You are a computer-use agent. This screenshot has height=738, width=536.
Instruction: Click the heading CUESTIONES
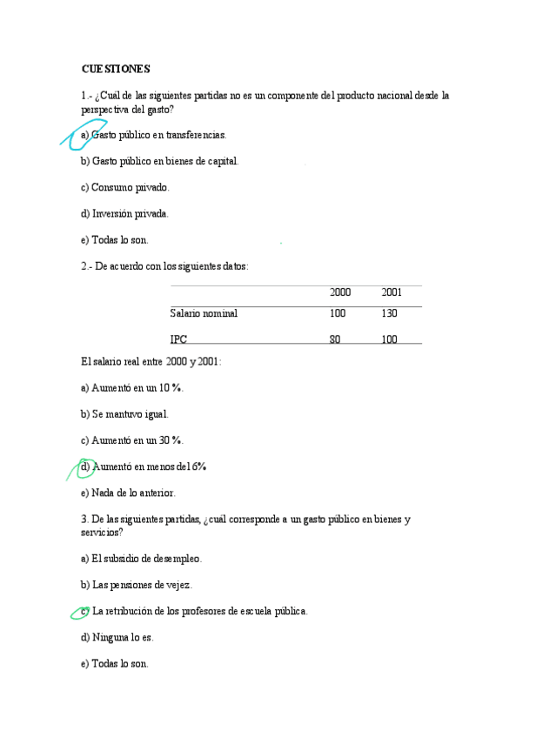116,69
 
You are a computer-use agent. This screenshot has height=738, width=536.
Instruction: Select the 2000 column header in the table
340,292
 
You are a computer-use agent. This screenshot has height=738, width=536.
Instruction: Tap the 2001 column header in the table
392,292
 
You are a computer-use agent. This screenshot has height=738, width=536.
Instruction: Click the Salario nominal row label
204,313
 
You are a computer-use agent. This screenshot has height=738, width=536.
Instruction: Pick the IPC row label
178,339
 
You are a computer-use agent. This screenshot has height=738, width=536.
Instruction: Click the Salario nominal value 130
389,313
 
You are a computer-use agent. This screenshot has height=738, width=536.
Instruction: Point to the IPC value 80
335,339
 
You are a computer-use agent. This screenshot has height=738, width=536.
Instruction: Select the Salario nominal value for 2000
338,313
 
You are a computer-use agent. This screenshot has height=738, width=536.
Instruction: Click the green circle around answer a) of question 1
80,134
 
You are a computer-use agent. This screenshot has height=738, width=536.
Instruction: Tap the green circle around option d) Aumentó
84,467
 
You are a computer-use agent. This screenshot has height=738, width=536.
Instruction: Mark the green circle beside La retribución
81,612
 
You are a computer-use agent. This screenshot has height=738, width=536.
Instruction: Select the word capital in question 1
223,161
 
